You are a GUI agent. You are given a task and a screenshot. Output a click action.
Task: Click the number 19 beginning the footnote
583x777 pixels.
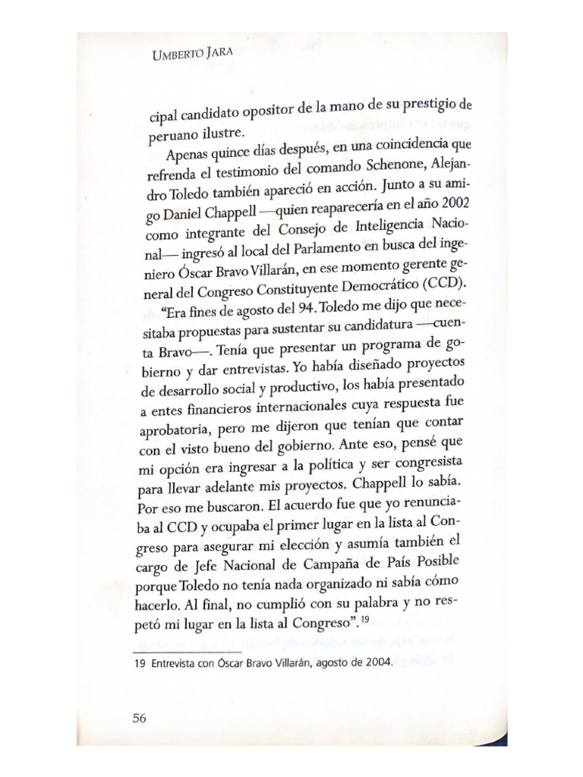click(140, 662)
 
